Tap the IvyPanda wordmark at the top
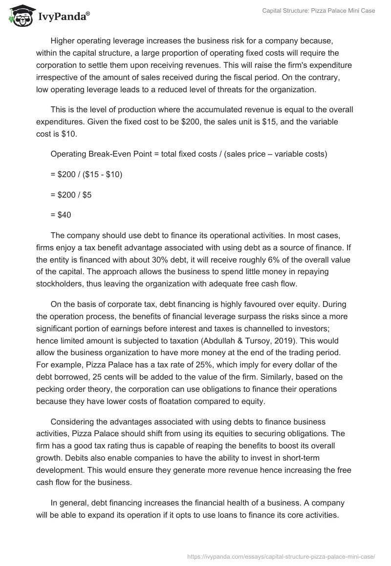64,16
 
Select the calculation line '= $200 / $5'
71,195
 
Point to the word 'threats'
241,88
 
